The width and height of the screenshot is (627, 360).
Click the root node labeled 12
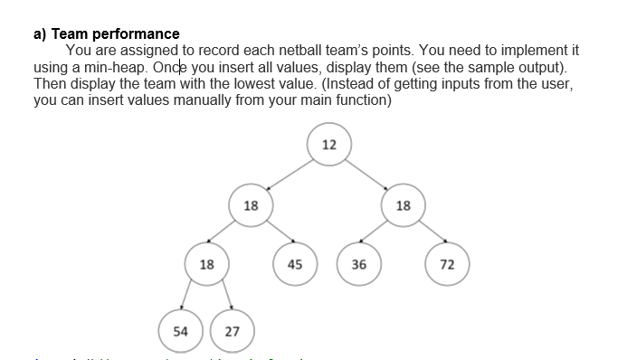tap(328, 145)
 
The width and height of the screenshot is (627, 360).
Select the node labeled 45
tap(294, 265)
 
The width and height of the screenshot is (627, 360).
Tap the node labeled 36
tap(358, 265)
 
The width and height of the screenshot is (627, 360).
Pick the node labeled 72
tap(447, 265)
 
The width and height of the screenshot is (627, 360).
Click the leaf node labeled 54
tap(180, 331)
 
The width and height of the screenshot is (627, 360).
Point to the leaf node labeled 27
tap(232, 331)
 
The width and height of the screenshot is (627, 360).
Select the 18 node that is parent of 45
tap(251, 205)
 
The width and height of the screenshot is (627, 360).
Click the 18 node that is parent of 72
tap(404, 205)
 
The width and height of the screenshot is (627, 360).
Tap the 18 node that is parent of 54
tap(206, 265)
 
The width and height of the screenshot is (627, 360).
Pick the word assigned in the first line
tap(157, 52)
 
